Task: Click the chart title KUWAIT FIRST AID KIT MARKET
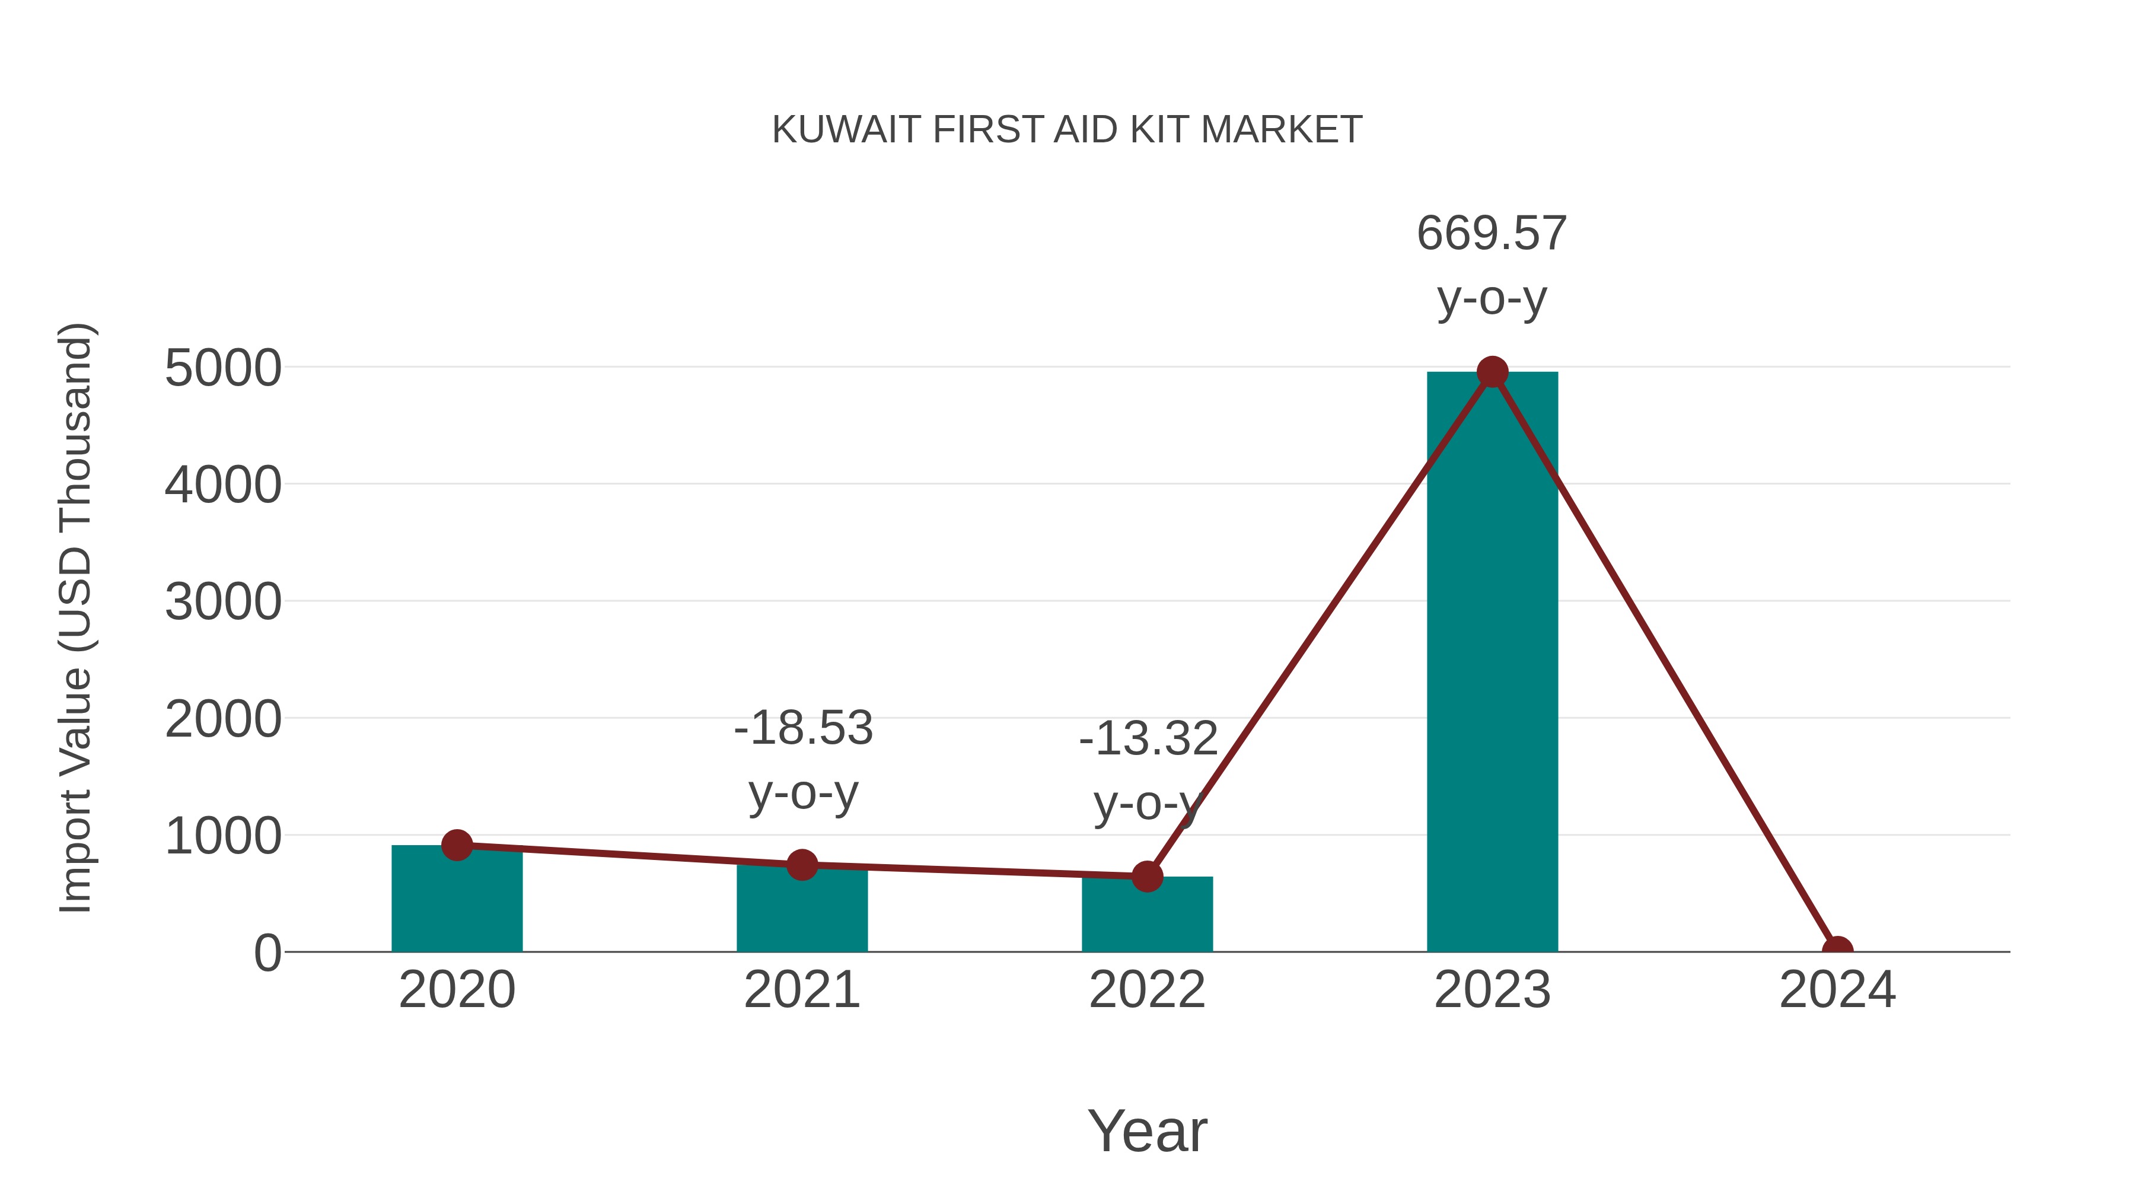(x=1067, y=130)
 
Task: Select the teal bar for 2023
(x=1492, y=663)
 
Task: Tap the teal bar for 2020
(x=457, y=903)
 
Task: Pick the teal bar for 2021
(x=801, y=912)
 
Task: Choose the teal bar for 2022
(x=1147, y=916)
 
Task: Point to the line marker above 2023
(x=1492, y=372)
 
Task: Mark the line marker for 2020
(x=457, y=845)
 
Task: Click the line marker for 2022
(x=1147, y=876)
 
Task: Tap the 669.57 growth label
(x=1492, y=233)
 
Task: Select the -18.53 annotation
(x=803, y=728)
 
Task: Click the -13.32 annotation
(x=1148, y=738)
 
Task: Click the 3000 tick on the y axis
(x=223, y=602)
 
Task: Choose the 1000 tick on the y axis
(x=223, y=836)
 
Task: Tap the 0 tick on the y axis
(x=267, y=953)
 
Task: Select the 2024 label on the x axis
(x=1837, y=990)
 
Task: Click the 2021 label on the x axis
(x=801, y=990)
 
